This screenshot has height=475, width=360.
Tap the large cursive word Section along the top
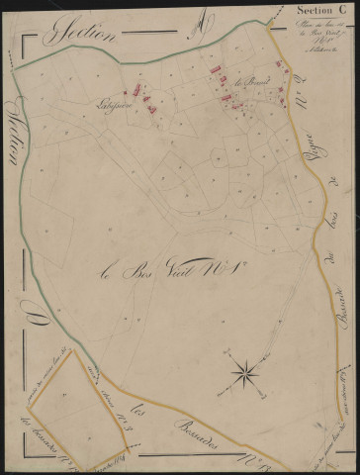tap(87, 34)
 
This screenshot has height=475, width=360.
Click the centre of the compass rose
tap(243, 372)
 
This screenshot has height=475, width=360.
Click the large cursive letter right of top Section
tap(201, 22)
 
